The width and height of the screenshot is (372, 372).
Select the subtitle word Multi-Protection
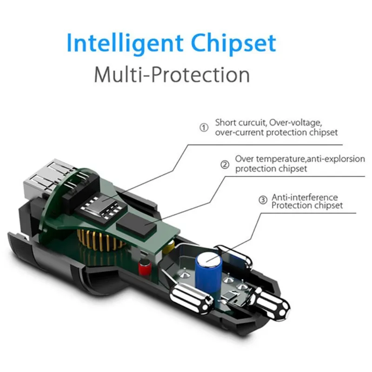(172, 74)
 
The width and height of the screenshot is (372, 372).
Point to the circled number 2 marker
(225, 164)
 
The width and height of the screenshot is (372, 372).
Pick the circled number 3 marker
(263, 200)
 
